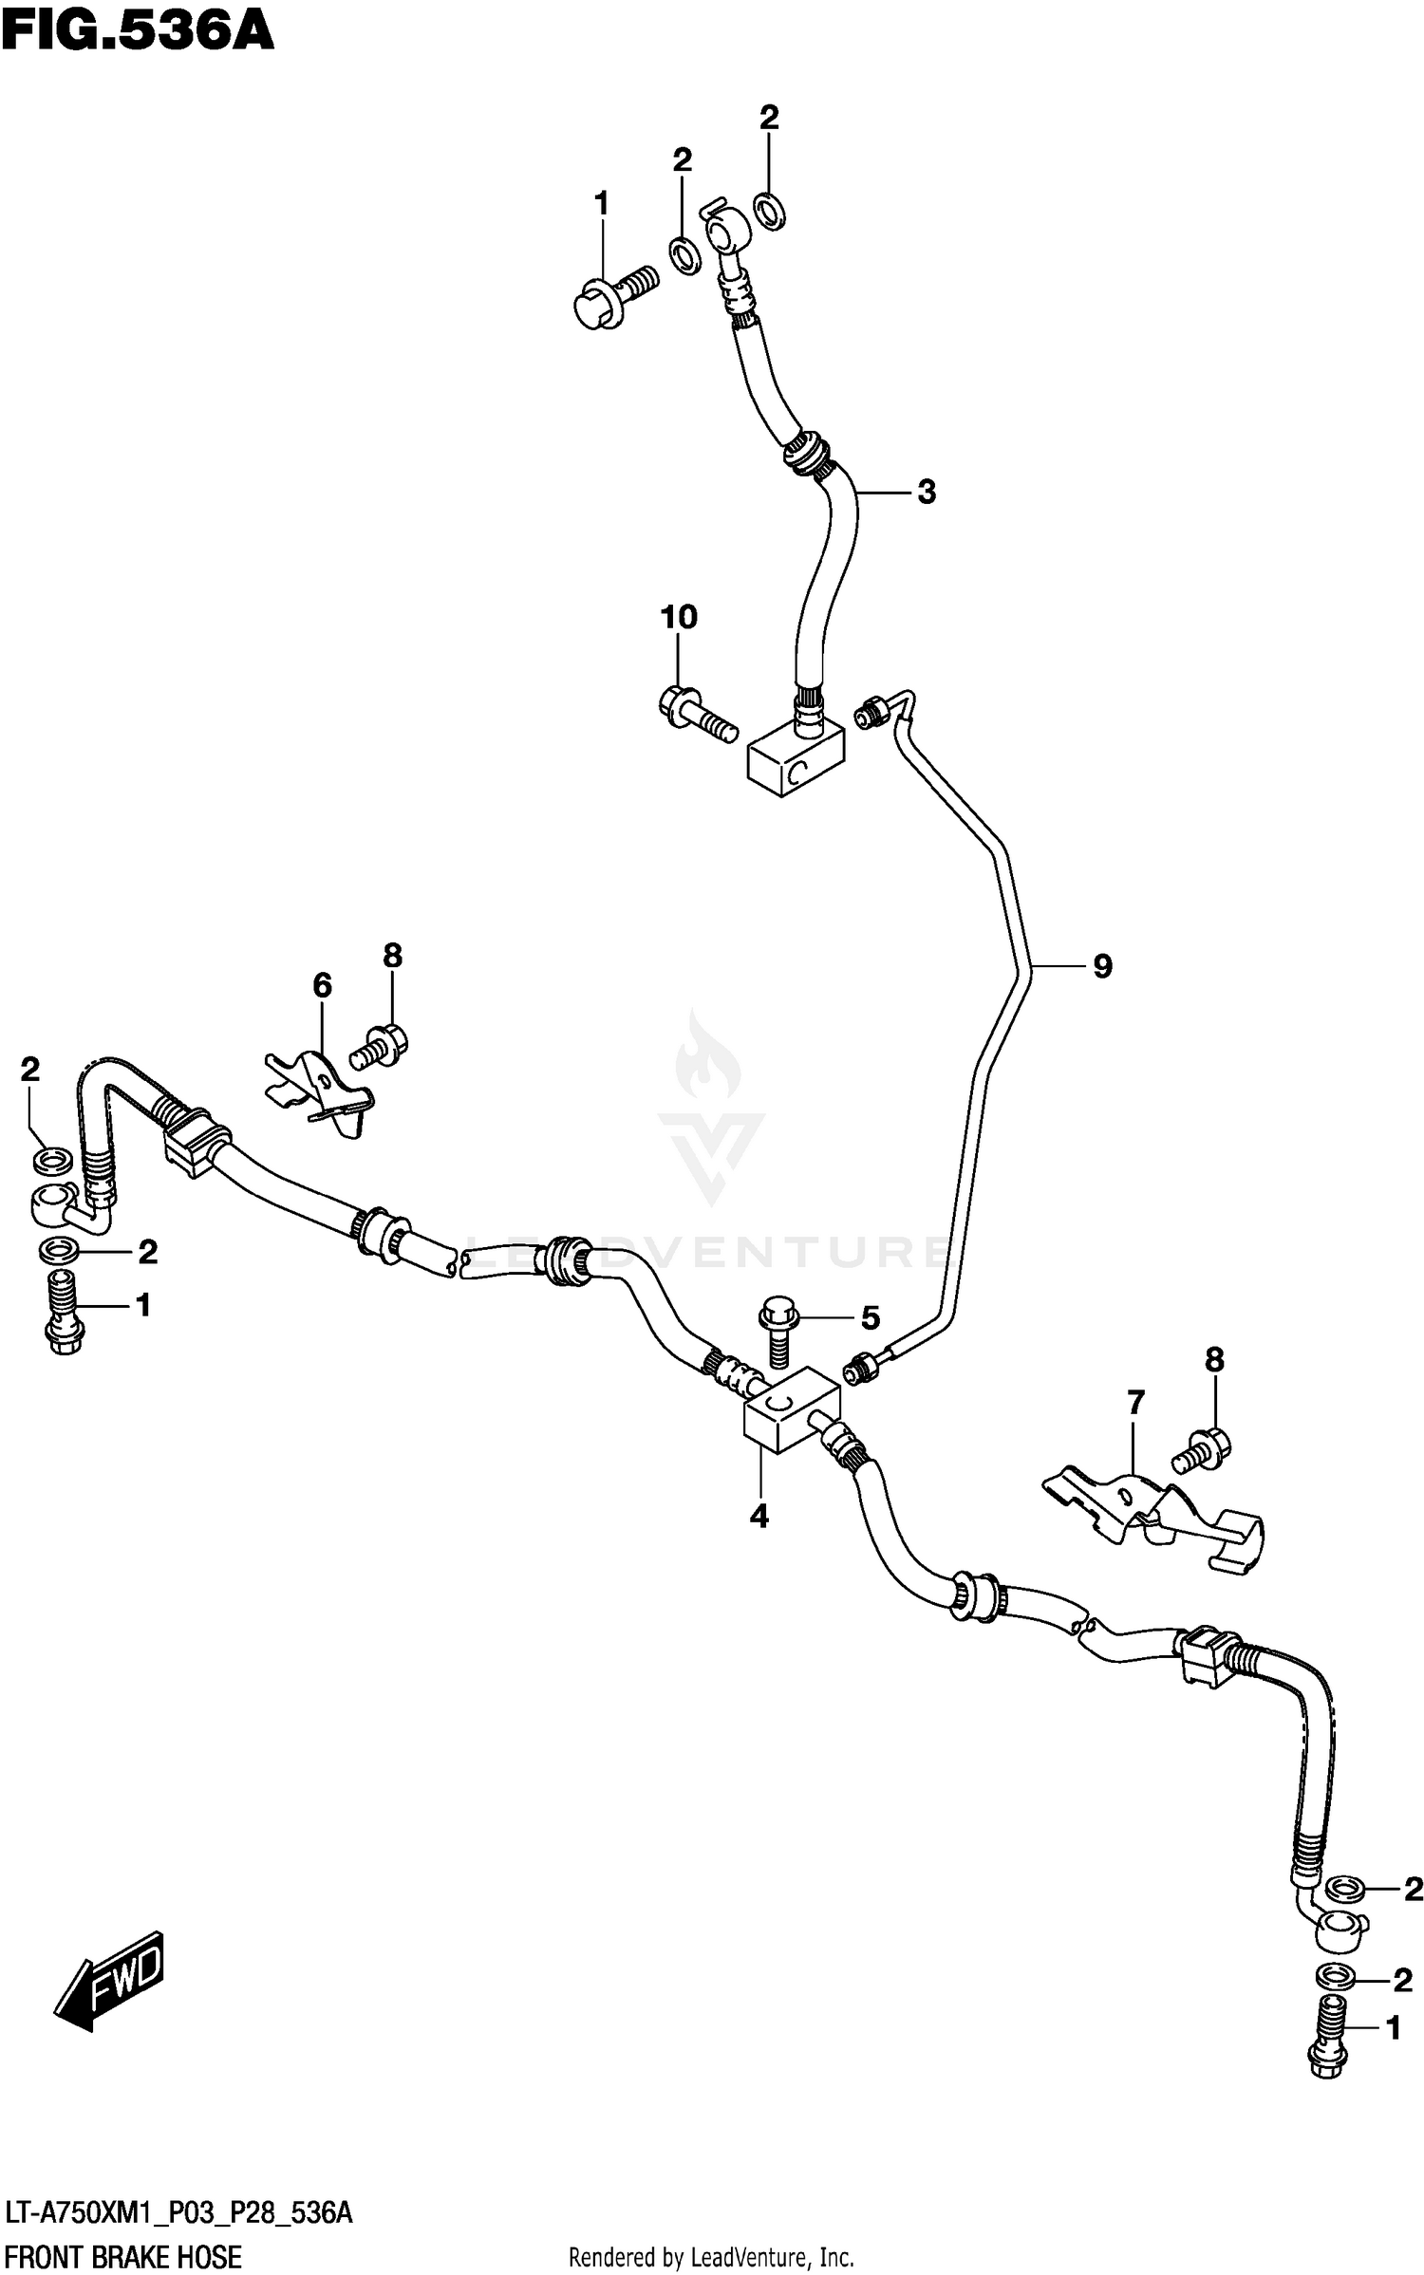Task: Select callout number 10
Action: point(678,618)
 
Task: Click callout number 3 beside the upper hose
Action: point(926,492)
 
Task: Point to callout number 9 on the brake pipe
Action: point(1101,966)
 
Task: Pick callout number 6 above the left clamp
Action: point(322,986)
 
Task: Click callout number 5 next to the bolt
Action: point(870,1317)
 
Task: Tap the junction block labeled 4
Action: point(790,1416)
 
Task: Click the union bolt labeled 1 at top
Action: point(614,294)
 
